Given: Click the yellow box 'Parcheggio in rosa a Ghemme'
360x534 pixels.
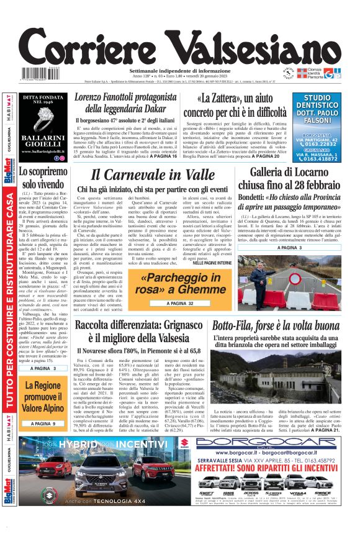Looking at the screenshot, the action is tap(182, 285).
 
